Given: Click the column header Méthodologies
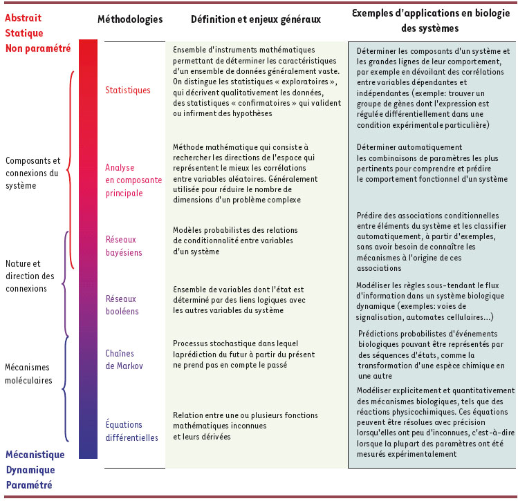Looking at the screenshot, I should pos(131,19).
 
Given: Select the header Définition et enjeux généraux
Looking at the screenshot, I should pos(256,19).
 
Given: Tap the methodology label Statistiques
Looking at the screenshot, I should pos(127,90).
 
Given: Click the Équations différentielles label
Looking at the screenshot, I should pos(131,431).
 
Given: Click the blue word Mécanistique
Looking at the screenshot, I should pos(35,455).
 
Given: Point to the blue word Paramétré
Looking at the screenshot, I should pos(29,485).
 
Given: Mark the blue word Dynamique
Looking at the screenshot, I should pos(30,470).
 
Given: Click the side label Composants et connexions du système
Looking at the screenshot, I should pos(33,172).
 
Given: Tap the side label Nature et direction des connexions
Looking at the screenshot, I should pos(29,276).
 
